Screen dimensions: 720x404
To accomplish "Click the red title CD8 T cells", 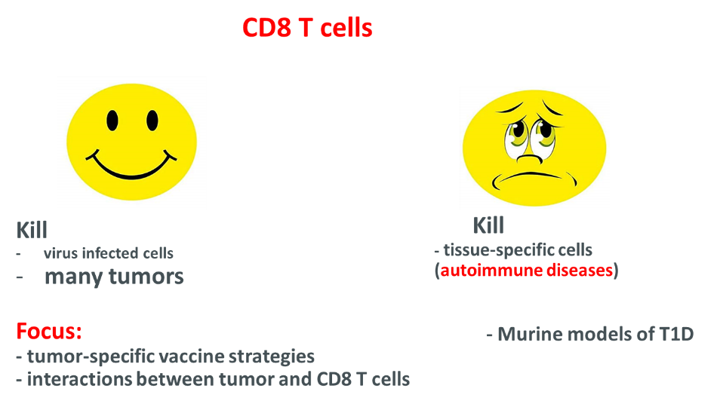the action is click(x=307, y=28).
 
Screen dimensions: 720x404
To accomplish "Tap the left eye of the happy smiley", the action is click(x=112, y=120).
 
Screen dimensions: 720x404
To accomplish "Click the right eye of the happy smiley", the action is click(x=152, y=120).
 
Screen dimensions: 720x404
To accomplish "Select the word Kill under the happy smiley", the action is click(x=32, y=230).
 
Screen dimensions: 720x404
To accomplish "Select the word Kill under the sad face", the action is click(x=488, y=225).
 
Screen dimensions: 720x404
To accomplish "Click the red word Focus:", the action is click(x=49, y=331).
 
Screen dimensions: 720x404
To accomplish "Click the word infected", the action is click(x=111, y=253).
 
